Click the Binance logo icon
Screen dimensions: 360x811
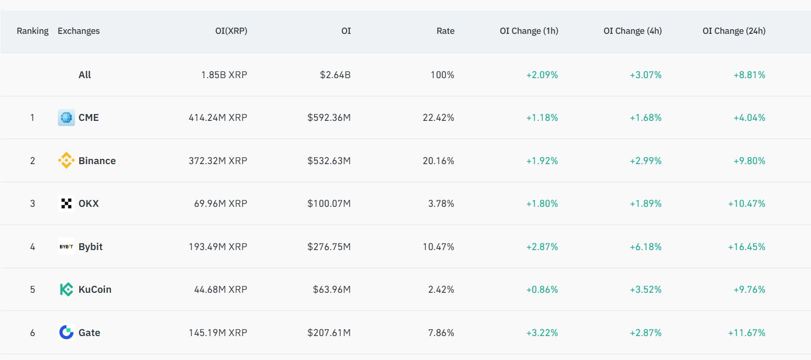click(x=66, y=160)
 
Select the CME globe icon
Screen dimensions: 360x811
click(x=66, y=118)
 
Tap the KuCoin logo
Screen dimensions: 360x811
click(x=66, y=289)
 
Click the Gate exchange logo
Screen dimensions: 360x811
click(x=66, y=332)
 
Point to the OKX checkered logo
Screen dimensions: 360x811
click(x=66, y=203)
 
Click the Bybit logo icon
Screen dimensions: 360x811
click(x=66, y=246)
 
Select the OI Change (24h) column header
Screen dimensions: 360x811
click(x=734, y=31)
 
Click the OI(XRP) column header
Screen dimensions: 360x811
click(x=231, y=31)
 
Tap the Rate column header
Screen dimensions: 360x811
click(x=445, y=31)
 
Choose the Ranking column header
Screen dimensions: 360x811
click(x=32, y=31)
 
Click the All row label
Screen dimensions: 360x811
click(x=84, y=75)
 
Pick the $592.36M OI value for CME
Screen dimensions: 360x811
click(x=329, y=118)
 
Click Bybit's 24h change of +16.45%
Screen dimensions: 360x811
click(x=746, y=246)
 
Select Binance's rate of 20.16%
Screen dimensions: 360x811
click(x=438, y=160)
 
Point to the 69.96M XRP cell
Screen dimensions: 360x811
click(x=220, y=203)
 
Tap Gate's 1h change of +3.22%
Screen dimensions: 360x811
click(x=542, y=332)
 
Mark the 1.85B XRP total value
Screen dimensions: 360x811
click(x=224, y=75)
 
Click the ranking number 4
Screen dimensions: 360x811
click(x=32, y=246)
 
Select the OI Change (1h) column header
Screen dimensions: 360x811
click(x=529, y=31)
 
